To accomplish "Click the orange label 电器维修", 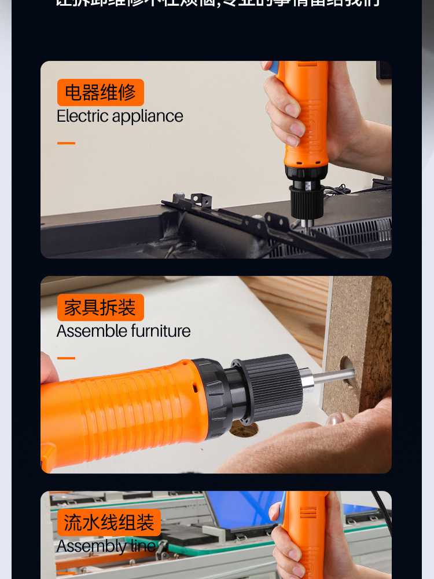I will (100, 93).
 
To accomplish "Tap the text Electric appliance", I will (120, 116).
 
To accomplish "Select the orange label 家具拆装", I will (100, 308).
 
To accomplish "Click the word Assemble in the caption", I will (91, 332).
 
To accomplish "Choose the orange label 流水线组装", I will (108, 523).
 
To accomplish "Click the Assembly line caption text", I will (106, 547).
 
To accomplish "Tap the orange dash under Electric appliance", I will (66, 143).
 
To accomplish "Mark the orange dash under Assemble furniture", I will (66, 358).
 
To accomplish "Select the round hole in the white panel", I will (243, 429).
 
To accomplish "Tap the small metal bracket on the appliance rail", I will (200, 201).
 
